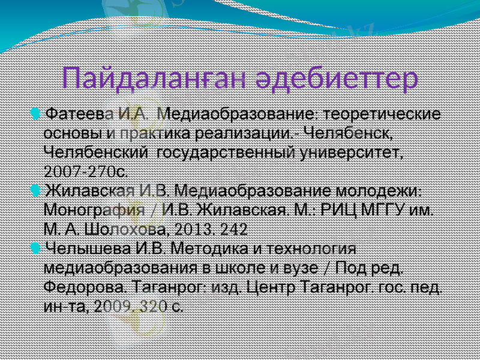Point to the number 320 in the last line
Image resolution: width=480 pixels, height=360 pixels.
click(153, 306)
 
